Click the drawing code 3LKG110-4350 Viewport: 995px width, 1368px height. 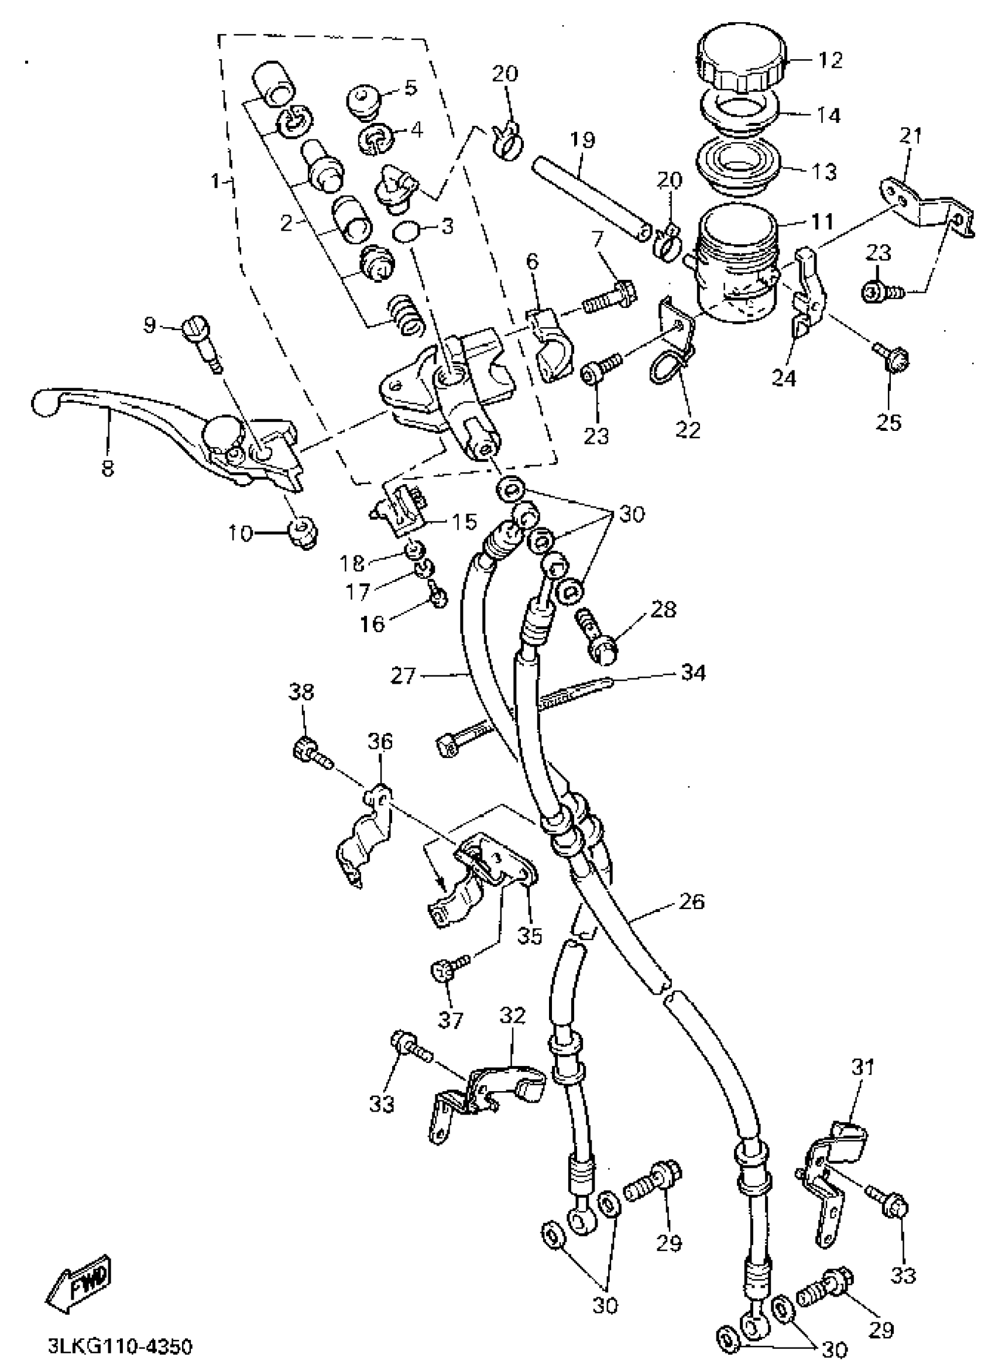click(120, 1346)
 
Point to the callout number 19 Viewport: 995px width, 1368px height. click(583, 140)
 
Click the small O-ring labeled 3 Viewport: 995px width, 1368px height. click(405, 232)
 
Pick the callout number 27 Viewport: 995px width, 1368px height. click(403, 675)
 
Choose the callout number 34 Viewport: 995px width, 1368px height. click(693, 672)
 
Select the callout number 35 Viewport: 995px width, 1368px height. click(530, 935)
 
